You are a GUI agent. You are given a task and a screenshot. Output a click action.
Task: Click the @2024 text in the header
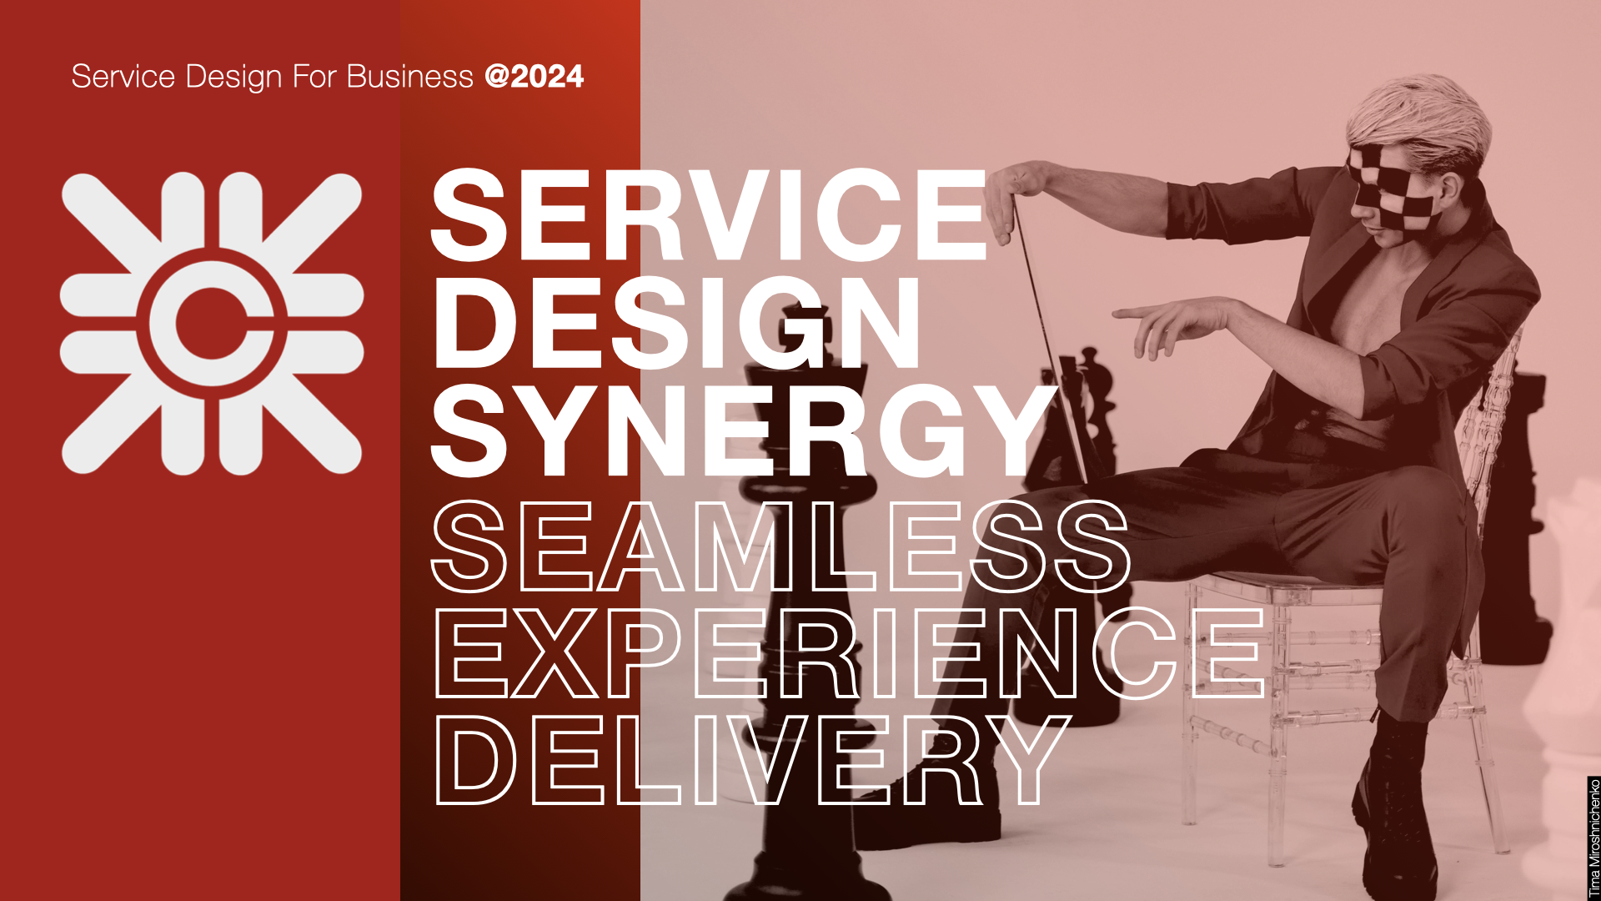[x=534, y=77]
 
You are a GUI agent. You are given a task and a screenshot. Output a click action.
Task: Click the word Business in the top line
[x=409, y=77]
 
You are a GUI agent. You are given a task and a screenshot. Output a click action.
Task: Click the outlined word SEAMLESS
[x=780, y=546]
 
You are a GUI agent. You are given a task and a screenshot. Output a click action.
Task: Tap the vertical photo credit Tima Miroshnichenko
[x=1593, y=838]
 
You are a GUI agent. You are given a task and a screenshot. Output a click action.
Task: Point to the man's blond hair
[x=1418, y=117]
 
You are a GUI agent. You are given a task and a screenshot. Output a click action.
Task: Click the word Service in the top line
[x=123, y=77]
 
